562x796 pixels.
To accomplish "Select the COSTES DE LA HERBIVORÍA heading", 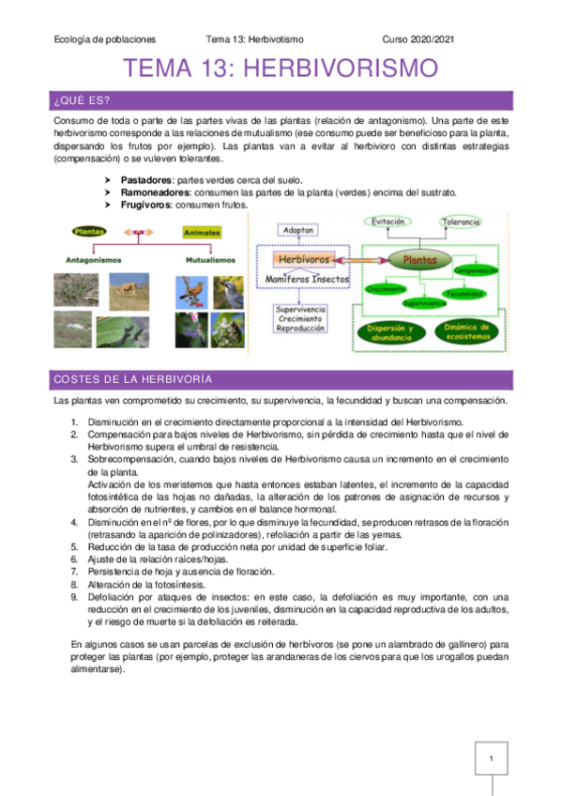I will pos(131,379).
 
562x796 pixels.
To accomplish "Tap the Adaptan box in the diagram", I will pos(297,229).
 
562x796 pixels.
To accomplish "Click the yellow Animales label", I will pos(202,231).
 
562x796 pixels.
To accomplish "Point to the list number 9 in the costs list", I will pos(74,596).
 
